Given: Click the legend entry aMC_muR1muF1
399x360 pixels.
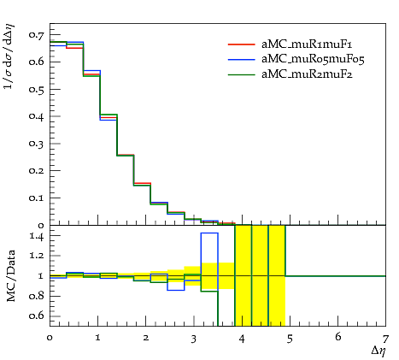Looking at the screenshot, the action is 307,44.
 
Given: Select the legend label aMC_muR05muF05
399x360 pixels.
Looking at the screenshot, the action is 313,59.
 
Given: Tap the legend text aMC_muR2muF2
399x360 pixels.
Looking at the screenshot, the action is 307,74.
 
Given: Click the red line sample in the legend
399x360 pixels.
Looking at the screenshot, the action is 241,44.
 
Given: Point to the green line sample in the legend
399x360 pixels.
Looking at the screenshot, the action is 241,74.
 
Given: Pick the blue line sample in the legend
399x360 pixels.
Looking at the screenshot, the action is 241,59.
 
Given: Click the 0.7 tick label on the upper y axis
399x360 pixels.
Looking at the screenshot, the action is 37,35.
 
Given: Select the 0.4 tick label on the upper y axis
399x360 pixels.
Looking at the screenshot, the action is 37,116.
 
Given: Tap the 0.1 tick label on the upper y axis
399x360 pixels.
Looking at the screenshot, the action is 37,198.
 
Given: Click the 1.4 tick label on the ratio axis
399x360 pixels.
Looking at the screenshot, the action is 37,236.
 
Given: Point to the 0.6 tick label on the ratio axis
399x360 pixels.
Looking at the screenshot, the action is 37,316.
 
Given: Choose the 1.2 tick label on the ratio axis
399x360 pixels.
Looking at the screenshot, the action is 37,256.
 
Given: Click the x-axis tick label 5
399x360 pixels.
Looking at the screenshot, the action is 290,339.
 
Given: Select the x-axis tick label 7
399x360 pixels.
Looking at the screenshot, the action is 385,339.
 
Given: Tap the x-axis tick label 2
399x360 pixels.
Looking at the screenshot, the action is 146,338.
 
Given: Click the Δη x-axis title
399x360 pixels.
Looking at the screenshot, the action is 378,351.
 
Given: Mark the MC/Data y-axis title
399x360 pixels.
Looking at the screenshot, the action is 11,275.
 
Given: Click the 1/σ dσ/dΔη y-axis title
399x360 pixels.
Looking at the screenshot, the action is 9,56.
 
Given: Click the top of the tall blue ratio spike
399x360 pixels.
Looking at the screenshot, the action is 209,233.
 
